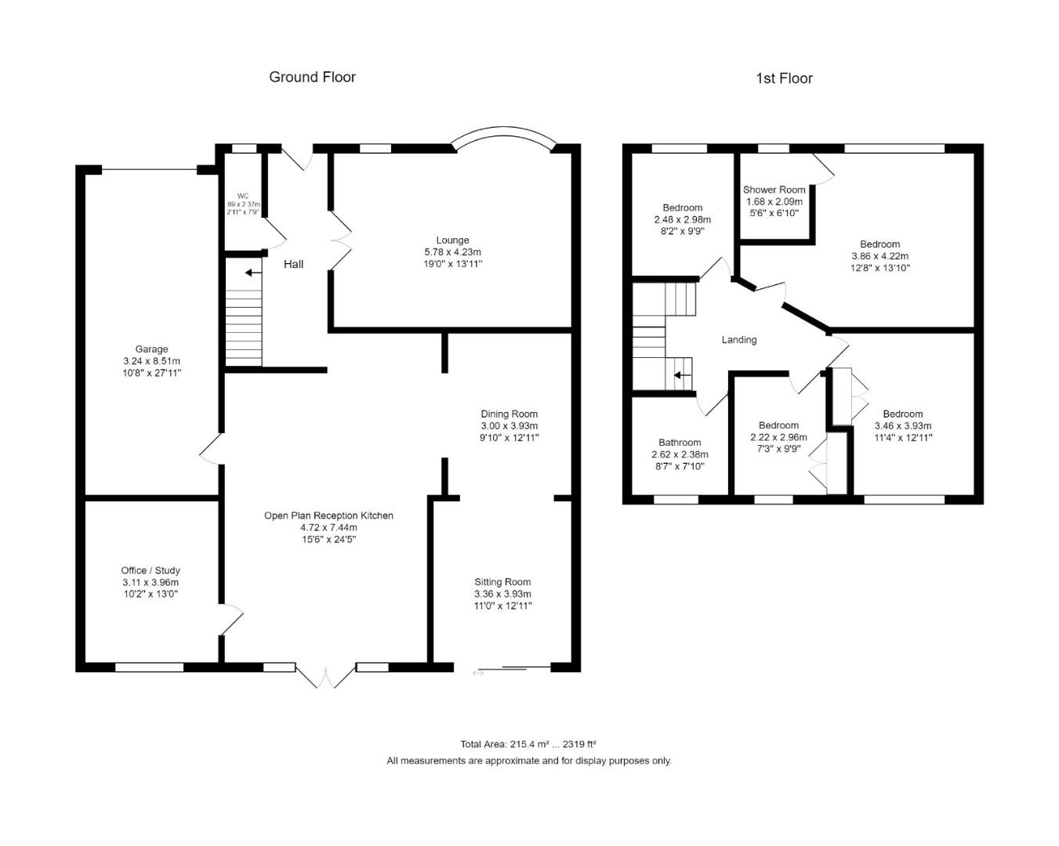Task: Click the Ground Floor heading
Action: click(x=312, y=77)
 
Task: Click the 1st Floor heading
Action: click(x=784, y=78)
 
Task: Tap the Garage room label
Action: click(x=151, y=349)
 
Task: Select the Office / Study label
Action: click(x=151, y=570)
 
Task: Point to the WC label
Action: click(x=243, y=196)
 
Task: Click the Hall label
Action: click(x=293, y=264)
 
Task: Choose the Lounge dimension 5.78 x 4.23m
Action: click(x=452, y=252)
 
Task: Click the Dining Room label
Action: click(x=509, y=414)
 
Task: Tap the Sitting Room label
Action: click(x=502, y=582)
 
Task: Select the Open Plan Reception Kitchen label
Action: click(x=328, y=515)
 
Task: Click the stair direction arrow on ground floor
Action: click(x=252, y=273)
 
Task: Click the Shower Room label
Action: click(x=774, y=190)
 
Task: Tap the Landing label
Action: click(x=738, y=339)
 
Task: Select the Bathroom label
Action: click(x=680, y=443)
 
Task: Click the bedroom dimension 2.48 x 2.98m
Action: click(x=682, y=219)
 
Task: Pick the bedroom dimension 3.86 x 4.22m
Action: click(x=879, y=255)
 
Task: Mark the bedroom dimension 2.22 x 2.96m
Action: click(x=778, y=437)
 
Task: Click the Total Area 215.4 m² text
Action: click(x=528, y=744)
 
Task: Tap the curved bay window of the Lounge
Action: click(x=504, y=135)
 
